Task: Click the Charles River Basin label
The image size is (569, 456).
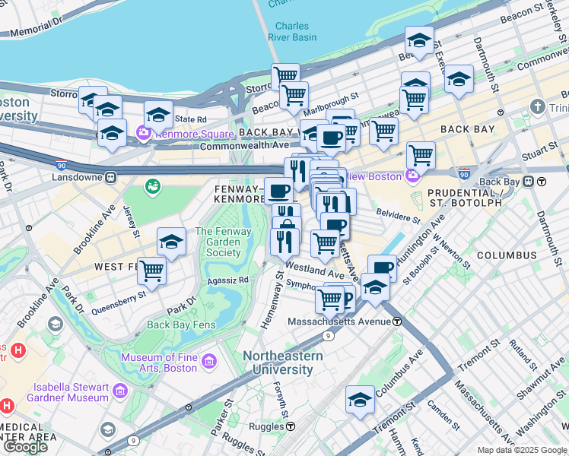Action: click(291, 31)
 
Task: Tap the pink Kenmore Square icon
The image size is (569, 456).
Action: click(143, 134)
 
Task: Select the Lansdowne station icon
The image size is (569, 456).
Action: click(110, 177)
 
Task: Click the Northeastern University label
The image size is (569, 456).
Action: click(282, 363)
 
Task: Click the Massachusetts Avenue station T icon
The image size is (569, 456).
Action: click(397, 321)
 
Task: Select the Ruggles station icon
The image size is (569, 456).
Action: click(289, 427)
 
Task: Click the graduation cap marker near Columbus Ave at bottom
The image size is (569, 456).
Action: click(361, 399)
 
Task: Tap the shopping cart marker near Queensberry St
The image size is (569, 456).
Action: click(152, 270)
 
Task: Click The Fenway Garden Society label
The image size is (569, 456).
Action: click(218, 242)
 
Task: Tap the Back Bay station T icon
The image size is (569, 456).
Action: click(542, 182)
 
